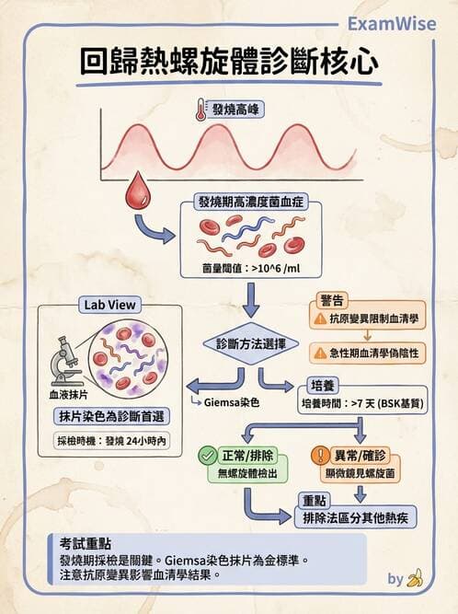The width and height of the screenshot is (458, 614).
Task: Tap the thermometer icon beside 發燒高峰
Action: click(x=200, y=110)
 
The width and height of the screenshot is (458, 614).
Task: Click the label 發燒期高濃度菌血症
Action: click(x=248, y=202)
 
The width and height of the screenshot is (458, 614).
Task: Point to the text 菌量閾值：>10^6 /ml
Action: click(x=248, y=269)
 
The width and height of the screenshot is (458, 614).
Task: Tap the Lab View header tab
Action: click(x=109, y=305)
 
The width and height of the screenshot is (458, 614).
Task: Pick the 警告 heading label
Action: click(x=332, y=300)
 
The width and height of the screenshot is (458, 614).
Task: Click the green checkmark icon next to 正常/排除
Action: click(x=208, y=455)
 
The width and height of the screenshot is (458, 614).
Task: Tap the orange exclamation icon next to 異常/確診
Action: click(x=321, y=455)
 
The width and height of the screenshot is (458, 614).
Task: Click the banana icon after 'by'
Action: click(x=415, y=578)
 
